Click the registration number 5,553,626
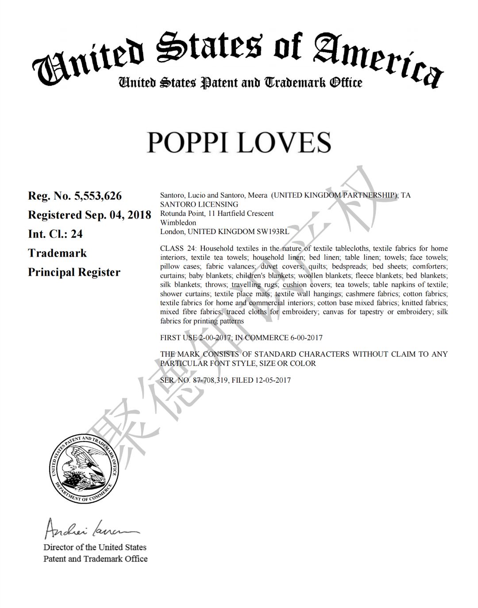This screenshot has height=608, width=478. (98, 196)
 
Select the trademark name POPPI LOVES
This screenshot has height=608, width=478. (239, 142)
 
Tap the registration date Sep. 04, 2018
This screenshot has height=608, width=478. (118, 215)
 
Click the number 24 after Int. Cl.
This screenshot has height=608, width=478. (77, 234)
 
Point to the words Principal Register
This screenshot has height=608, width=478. (74, 272)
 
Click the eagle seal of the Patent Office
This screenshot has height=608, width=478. (84, 469)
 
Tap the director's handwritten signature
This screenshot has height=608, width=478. (91, 528)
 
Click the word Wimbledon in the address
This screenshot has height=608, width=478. (178, 223)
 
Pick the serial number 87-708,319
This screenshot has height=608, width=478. (210, 380)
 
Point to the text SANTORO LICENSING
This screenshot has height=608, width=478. (199, 204)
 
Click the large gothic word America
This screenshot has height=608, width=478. (378, 60)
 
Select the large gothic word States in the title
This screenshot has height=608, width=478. (209, 47)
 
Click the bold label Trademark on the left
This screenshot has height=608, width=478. (58, 253)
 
